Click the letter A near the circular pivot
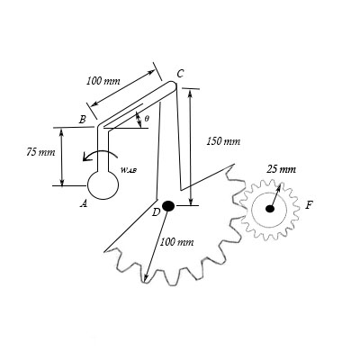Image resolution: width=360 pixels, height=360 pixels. [84, 204]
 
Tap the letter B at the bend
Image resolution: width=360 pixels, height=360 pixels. [83, 120]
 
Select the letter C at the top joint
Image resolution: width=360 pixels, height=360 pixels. [180, 74]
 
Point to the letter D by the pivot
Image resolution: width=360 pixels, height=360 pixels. [156, 212]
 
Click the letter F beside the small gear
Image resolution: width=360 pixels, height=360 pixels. [309, 205]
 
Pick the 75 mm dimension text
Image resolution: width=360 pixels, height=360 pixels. [40, 152]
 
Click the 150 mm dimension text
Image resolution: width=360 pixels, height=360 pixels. [223, 141]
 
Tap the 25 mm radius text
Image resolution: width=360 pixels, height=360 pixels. [281, 169]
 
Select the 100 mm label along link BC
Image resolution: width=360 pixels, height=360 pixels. [103, 81]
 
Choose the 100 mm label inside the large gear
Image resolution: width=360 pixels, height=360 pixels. [176, 242]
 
